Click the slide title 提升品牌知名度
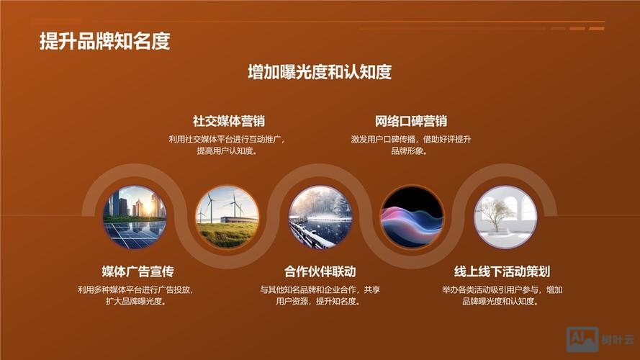(x=104, y=41)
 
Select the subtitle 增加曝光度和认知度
(x=320, y=72)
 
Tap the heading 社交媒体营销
(x=229, y=121)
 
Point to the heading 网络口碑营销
(x=410, y=121)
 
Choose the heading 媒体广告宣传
(x=138, y=271)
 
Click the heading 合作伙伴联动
(x=320, y=271)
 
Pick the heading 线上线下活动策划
(x=502, y=271)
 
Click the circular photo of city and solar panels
(x=135, y=217)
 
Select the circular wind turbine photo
(x=227, y=217)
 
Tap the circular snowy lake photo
(x=320, y=217)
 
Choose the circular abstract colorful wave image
(x=412, y=217)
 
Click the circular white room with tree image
(x=505, y=217)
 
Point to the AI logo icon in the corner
(x=582, y=339)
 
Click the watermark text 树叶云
(x=618, y=340)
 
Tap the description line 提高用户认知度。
(x=227, y=151)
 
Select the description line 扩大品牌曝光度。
(x=136, y=302)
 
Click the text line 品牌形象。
(x=410, y=151)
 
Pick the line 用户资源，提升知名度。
(x=319, y=302)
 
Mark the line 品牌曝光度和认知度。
(x=501, y=302)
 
